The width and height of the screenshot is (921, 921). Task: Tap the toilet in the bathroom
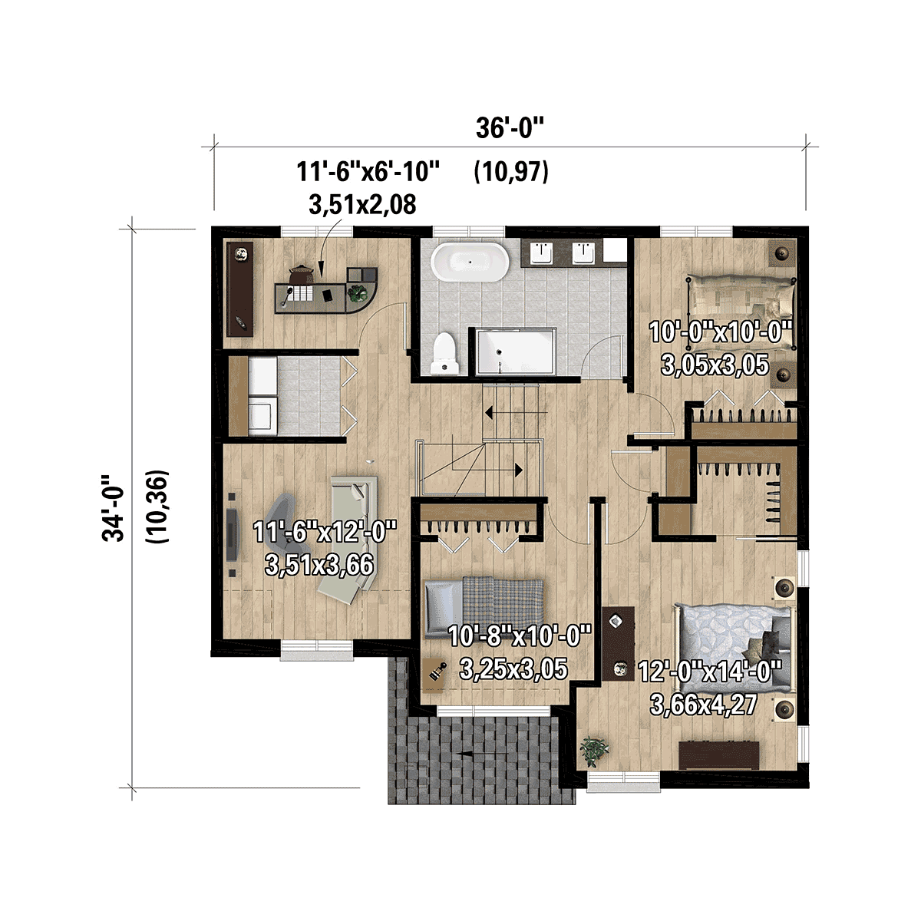click(x=444, y=353)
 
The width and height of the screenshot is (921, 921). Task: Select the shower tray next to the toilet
click(x=516, y=352)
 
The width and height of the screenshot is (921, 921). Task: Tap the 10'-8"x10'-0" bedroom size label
click(x=520, y=635)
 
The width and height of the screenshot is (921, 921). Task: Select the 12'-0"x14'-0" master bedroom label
click(x=709, y=672)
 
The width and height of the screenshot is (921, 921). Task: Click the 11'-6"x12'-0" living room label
click(x=325, y=532)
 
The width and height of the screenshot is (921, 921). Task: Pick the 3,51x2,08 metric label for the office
click(x=362, y=205)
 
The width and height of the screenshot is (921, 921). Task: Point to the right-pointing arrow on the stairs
click(x=493, y=470)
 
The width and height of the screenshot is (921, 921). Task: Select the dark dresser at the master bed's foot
click(x=719, y=755)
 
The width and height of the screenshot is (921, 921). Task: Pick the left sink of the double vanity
click(x=542, y=253)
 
